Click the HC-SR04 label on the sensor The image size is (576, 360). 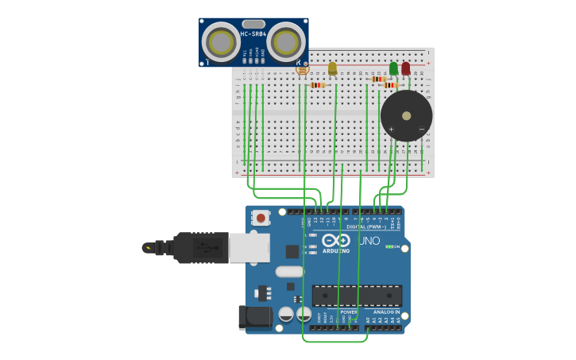[x=253, y=34]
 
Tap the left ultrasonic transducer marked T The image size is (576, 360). [x=219, y=41]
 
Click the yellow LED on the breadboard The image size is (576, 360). [x=332, y=68]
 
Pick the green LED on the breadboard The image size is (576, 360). [x=393, y=68]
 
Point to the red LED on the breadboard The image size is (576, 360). [x=406, y=68]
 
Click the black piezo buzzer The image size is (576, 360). [x=406, y=115]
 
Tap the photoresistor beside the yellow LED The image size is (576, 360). [x=302, y=70]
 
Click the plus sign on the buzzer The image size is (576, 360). [x=391, y=129]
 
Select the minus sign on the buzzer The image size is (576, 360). [x=421, y=129]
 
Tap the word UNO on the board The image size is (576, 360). [x=369, y=241]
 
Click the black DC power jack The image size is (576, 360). [x=255, y=317]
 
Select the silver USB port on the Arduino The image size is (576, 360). [x=249, y=247]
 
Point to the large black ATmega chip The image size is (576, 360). [x=356, y=296]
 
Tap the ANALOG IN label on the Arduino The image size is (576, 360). [x=386, y=312]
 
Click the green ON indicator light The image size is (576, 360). [x=389, y=246]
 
